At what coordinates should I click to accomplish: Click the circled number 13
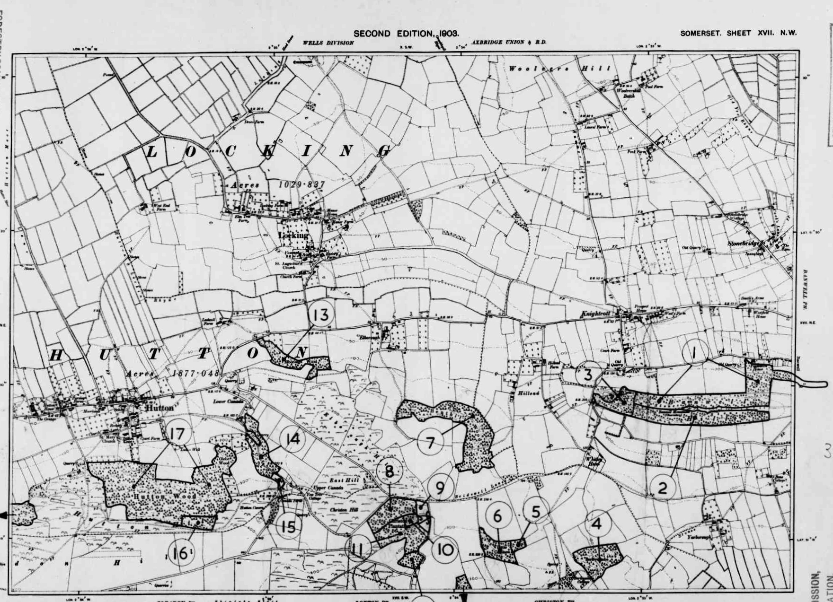(x=321, y=314)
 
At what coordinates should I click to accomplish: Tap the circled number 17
(x=178, y=434)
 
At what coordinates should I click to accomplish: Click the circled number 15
(x=288, y=526)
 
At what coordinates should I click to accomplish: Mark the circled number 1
(x=694, y=353)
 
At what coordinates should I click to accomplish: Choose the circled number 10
(x=445, y=550)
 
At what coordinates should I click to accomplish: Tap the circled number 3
(x=588, y=375)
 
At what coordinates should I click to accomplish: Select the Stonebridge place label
(x=746, y=244)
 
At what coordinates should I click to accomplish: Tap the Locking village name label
(x=293, y=235)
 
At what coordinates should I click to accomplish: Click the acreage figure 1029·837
(x=302, y=184)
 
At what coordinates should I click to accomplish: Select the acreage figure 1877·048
(x=195, y=373)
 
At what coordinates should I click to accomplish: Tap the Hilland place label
(x=528, y=393)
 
